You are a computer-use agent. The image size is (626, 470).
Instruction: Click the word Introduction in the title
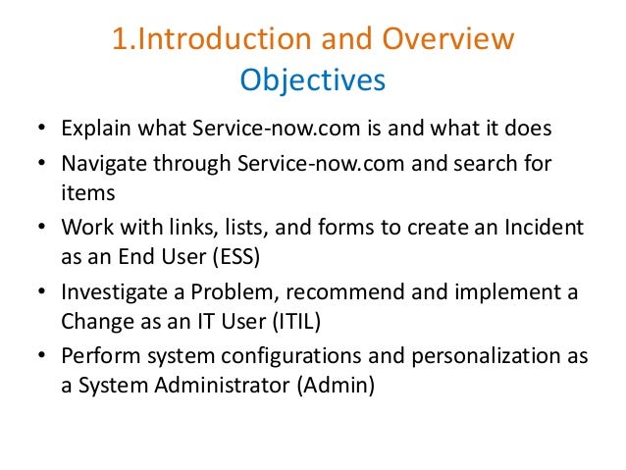208,40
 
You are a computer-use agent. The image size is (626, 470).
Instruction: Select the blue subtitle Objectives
313,79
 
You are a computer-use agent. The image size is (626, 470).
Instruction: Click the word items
82,193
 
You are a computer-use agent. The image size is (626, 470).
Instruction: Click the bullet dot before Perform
41,356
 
